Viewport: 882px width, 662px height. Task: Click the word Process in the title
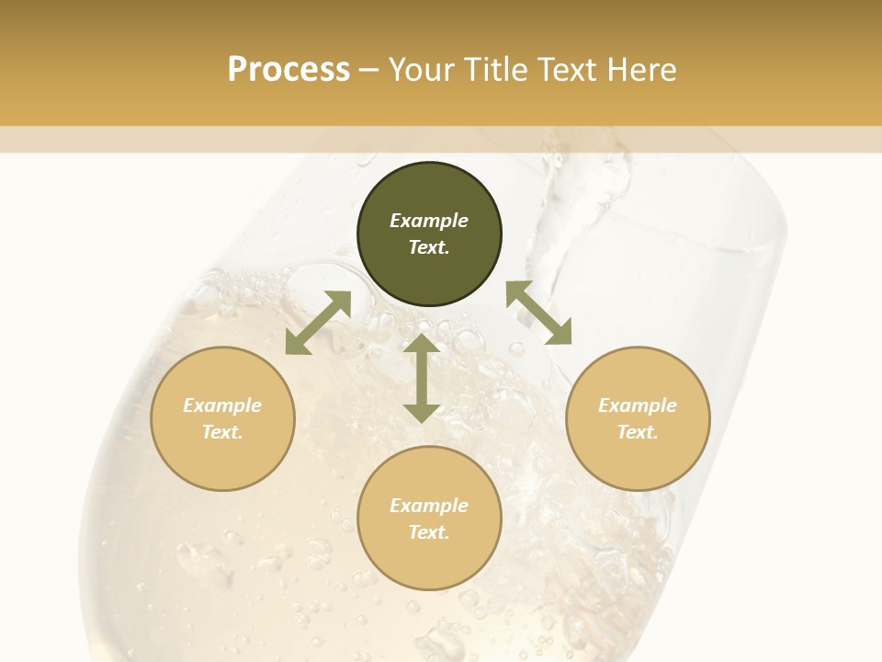click(x=288, y=70)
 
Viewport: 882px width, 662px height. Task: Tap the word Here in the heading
click(x=640, y=70)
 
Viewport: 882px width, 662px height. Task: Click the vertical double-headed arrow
click(x=422, y=378)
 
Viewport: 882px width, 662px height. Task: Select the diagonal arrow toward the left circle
click(x=318, y=323)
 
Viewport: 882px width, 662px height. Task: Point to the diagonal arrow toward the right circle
click(x=539, y=313)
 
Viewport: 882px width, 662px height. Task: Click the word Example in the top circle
click(x=429, y=221)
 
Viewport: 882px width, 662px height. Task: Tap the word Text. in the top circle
click(x=429, y=247)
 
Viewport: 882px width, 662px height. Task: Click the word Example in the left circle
click(x=222, y=405)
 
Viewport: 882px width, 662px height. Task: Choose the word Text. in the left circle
click(x=222, y=432)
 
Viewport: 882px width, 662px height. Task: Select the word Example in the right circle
click(x=638, y=405)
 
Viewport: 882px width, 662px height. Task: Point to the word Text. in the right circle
click(x=638, y=432)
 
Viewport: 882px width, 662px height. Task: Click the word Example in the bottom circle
click(x=429, y=506)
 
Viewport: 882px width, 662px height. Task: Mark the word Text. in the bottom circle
click(x=429, y=532)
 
